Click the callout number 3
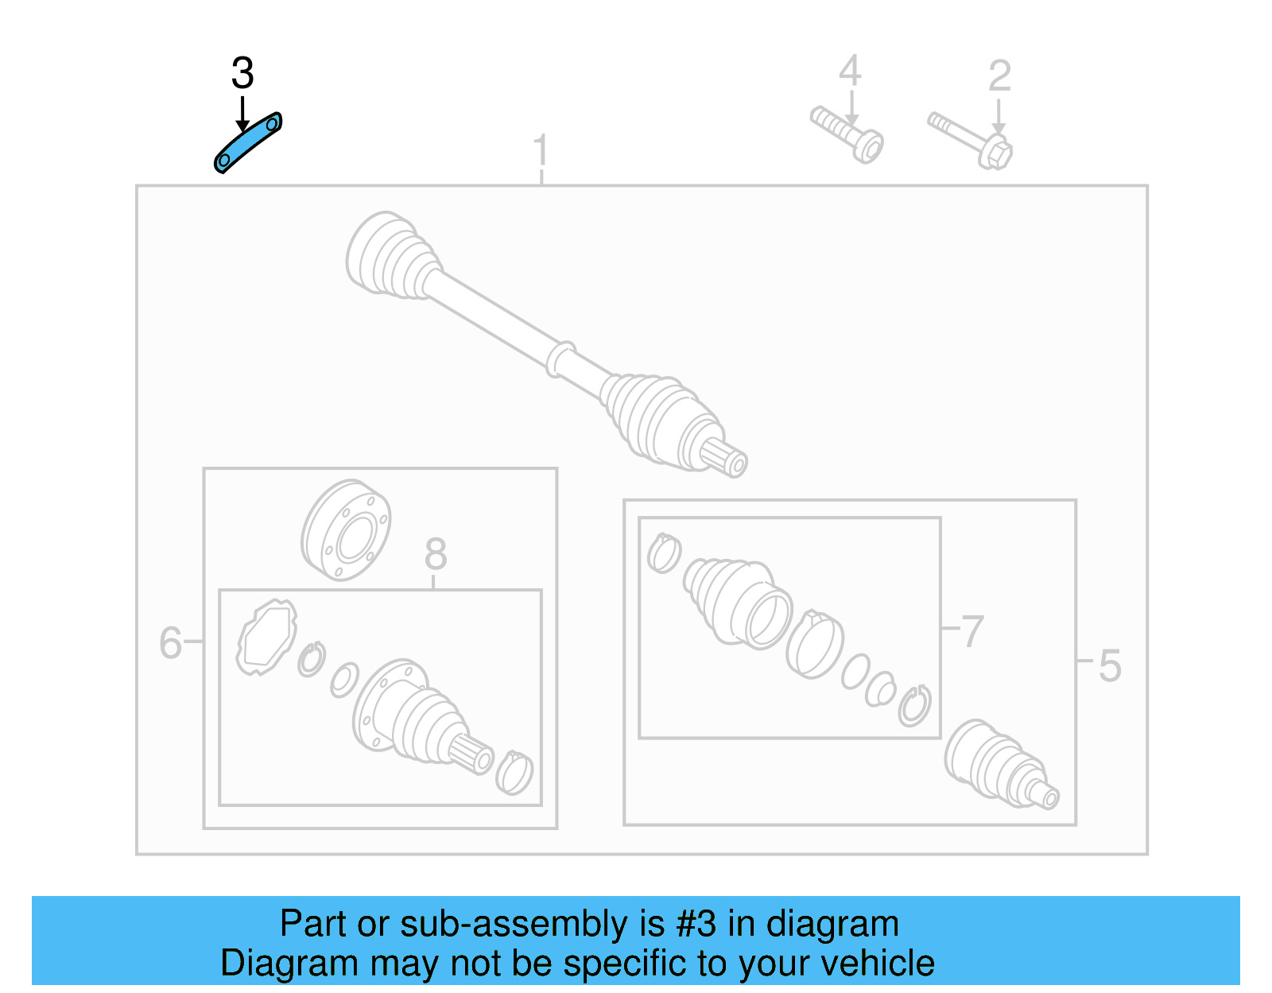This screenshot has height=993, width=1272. [242, 73]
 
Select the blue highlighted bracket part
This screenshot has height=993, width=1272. [248, 142]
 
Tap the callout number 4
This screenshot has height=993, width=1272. [850, 71]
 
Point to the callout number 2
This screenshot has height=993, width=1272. [999, 76]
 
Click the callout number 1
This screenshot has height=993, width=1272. [541, 151]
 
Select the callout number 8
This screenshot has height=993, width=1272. [435, 554]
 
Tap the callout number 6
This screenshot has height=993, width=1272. [170, 642]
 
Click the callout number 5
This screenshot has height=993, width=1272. [1110, 666]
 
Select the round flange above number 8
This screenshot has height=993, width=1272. [346, 529]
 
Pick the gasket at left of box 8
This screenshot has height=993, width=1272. [266, 637]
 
